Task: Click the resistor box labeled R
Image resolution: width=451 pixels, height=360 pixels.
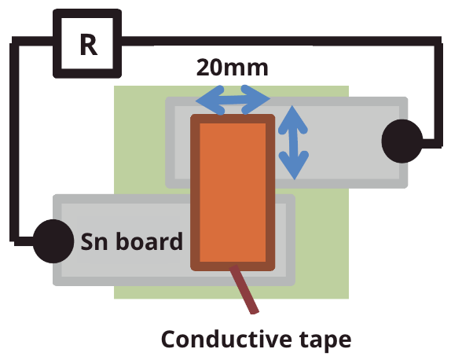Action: [x=87, y=44]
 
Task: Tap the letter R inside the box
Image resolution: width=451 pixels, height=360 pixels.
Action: [x=88, y=45]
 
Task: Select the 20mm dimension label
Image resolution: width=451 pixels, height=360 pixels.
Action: [x=232, y=68]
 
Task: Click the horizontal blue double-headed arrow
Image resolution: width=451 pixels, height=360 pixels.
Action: [x=233, y=99]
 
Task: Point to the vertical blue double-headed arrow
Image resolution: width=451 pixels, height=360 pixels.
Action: [x=294, y=142]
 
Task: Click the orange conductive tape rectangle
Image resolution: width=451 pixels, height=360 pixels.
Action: [x=233, y=193]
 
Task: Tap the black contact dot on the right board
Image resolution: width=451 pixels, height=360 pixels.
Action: [x=402, y=141]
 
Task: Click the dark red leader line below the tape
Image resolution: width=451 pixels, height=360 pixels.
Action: [x=244, y=292]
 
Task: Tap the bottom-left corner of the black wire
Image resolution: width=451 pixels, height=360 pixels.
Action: [x=13, y=237]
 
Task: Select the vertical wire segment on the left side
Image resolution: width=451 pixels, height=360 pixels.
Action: [x=13, y=141]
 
